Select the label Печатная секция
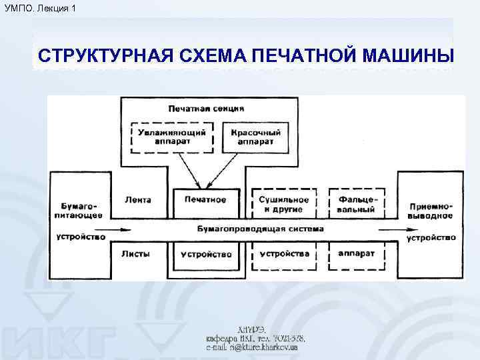coord(205,108)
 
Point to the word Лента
coord(138,199)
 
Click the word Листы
coord(137,254)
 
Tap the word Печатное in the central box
coord(205,199)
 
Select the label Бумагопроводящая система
coord(261,228)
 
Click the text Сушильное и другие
coord(283,204)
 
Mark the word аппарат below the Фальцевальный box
coord(357,253)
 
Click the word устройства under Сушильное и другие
coord(284,253)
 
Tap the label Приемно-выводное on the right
coord(431,210)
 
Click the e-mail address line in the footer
coord(252,347)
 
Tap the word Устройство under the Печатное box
coord(205,254)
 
